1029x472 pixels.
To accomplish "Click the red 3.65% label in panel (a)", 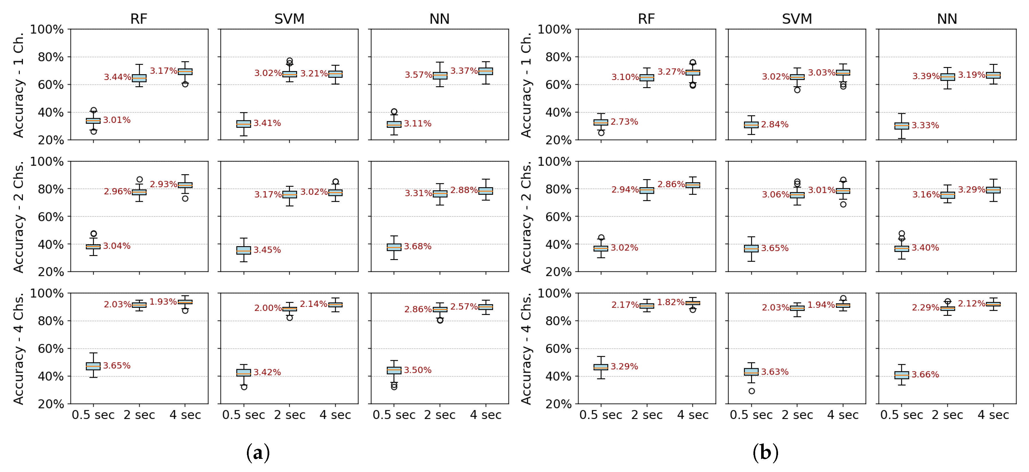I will pyautogui.click(x=117, y=365).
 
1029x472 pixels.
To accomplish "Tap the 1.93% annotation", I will pyautogui.click(x=163, y=301).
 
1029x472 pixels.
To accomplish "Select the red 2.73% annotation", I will pyautogui.click(x=624, y=122).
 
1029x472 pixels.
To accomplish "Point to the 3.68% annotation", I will pyautogui.click(x=417, y=246).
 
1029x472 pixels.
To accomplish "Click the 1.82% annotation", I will pyautogui.click(x=671, y=302).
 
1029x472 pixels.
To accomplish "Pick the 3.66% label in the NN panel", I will pyautogui.click(x=925, y=375).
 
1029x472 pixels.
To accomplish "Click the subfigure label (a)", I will pyautogui.click(x=258, y=453).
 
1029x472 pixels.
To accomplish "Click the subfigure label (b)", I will pyautogui.click(x=765, y=453).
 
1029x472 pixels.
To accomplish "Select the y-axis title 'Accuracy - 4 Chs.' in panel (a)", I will pyautogui.click(x=19, y=348).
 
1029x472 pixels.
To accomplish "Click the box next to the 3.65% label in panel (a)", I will pyautogui.click(x=93, y=366).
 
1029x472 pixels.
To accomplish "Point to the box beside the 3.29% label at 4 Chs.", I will pyautogui.click(x=601, y=367).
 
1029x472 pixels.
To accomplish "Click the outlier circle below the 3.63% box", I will pyautogui.click(x=751, y=391).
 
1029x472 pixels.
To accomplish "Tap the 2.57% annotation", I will pyautogui.click(x=464, y=307).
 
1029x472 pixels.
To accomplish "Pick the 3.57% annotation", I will pyautogui.click(x=418, y=75).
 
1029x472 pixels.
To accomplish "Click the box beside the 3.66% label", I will pyautogui.click(x=902, y=375).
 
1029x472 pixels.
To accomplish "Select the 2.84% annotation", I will pyautogui.click(x=775, y=124).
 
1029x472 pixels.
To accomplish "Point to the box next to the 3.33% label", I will pyautogui.click(x=902, y=126).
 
